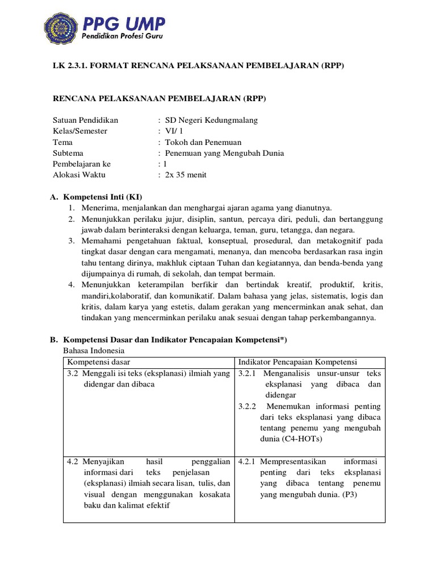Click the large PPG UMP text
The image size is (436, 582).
pyautogui.click(x=124, y=24)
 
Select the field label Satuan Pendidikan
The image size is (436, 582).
pyautogui.click(x=85, y=120)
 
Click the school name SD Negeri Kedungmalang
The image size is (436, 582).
pyautogui.click(x=211, y=120)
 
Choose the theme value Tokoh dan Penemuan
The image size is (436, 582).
pyautogui.click(x=203, y=142)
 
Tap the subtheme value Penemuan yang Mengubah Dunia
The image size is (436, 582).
pyautogui.click(x=224, y=153)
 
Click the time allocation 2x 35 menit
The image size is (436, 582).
pyautogui.click(x=186, y=174)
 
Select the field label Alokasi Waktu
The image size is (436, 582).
pyautogui.click(x=79, y=174)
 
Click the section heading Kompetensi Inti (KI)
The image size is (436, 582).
pyautogui.click(x=102, y=197)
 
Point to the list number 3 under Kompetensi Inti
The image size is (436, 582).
pyautogui.click(x=72, y=241)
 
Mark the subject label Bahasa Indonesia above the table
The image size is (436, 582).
pyautogui.click(x=93, y=351)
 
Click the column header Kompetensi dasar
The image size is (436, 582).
pyautogui.click(x=99, y=362)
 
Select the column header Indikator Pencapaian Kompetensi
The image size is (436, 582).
pyautogui.click(x=297, y=362)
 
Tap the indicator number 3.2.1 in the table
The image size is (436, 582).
pyautogui.click(x=248, y=373)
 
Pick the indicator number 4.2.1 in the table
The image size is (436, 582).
pyautogui.click(x=248, y=462)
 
